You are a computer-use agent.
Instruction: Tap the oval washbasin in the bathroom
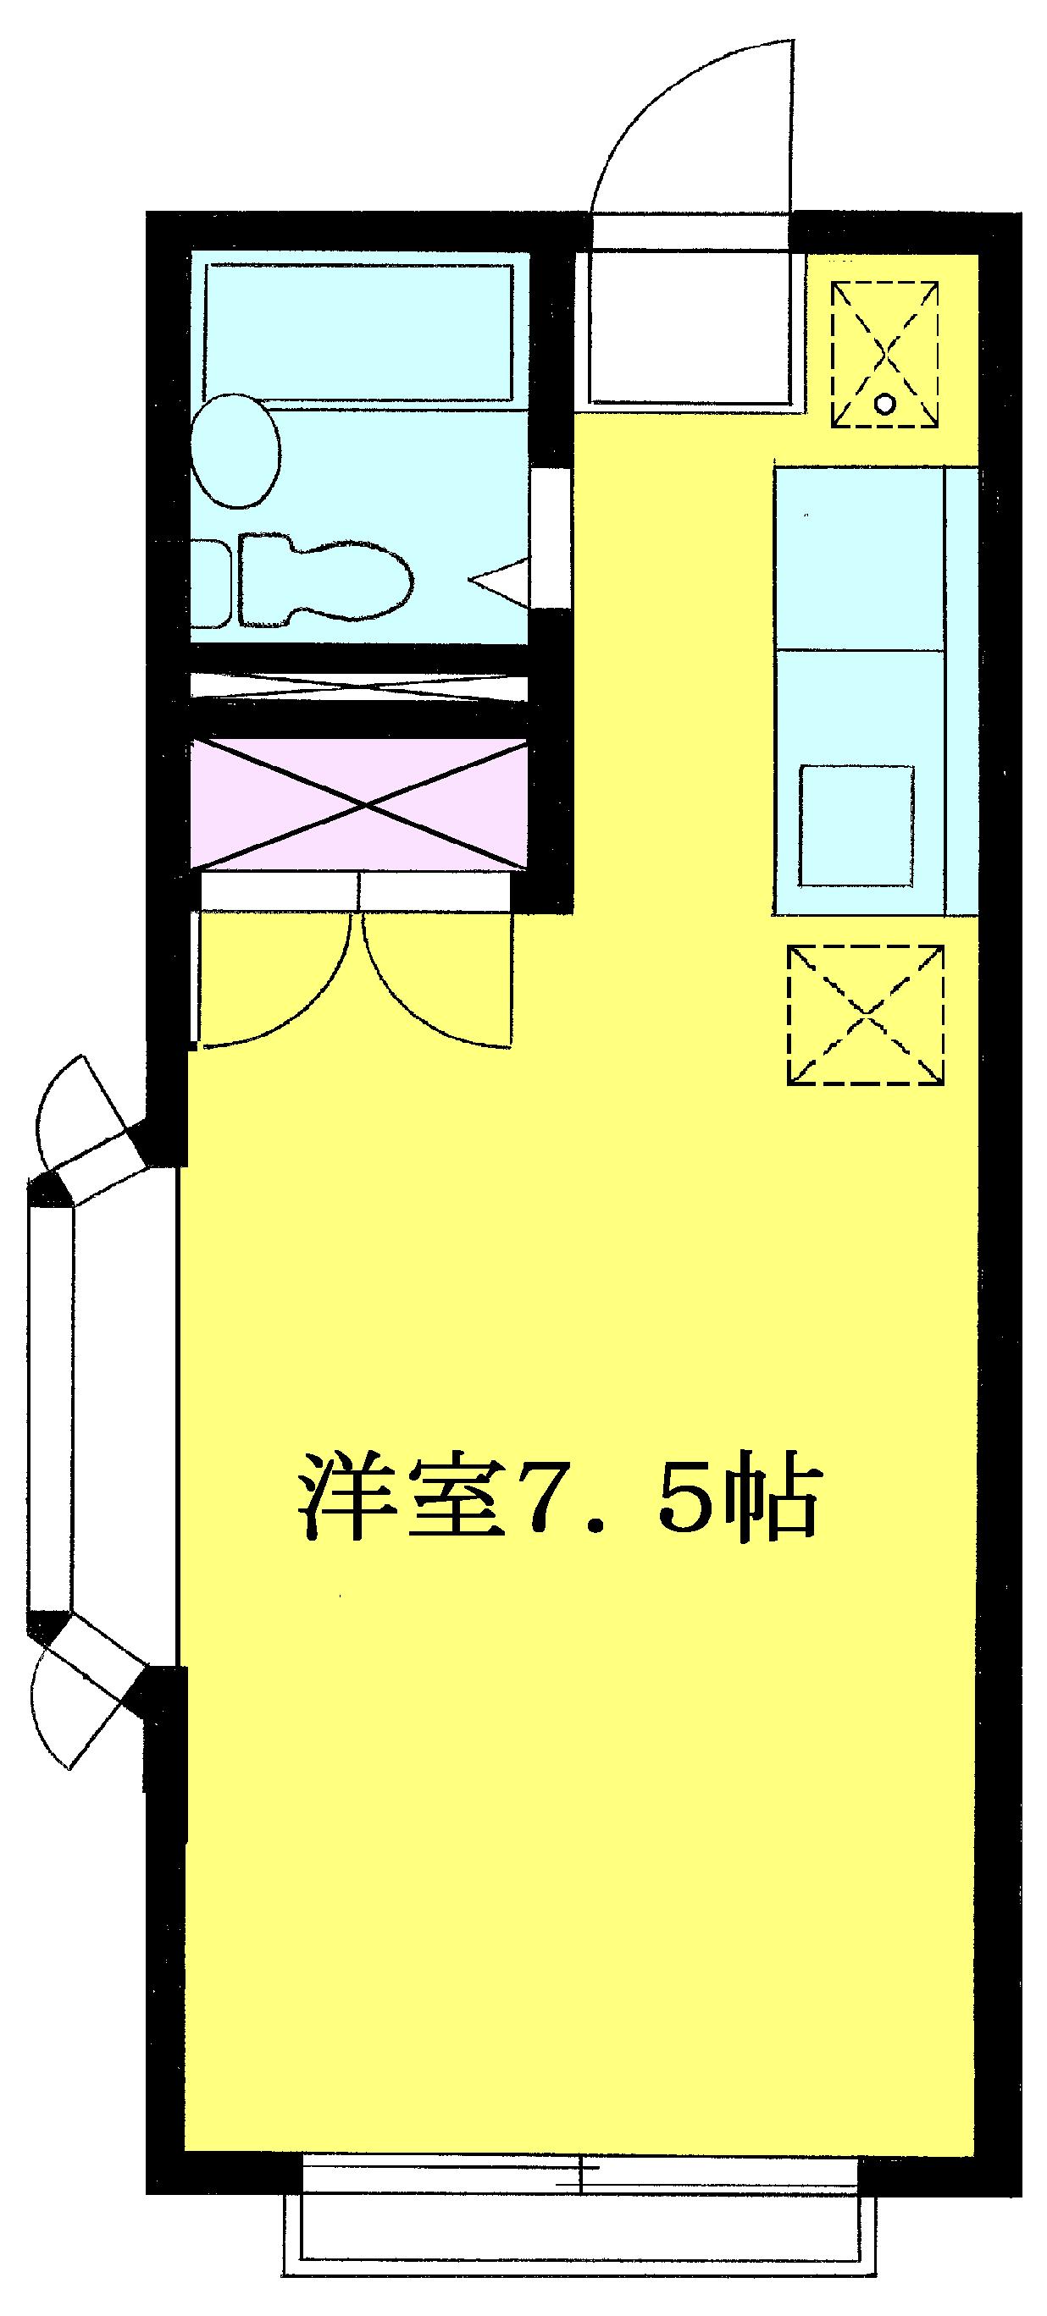coord(236,450)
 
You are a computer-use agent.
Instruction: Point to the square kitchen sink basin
coord(857,813)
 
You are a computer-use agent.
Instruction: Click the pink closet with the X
coord(358,805)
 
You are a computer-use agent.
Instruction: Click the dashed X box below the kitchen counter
coord(867,1015)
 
